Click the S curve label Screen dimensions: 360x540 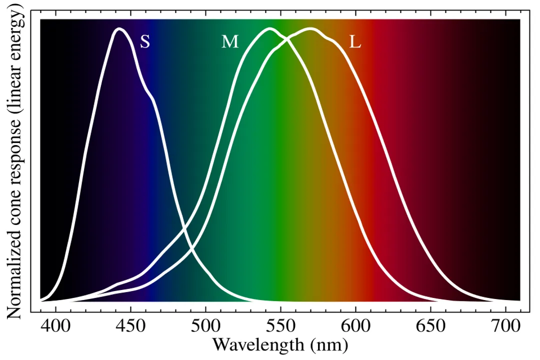click(144, 42)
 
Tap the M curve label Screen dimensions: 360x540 click(230, 42)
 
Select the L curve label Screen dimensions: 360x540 click(355, 42)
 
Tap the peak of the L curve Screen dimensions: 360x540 click(310, 29)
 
